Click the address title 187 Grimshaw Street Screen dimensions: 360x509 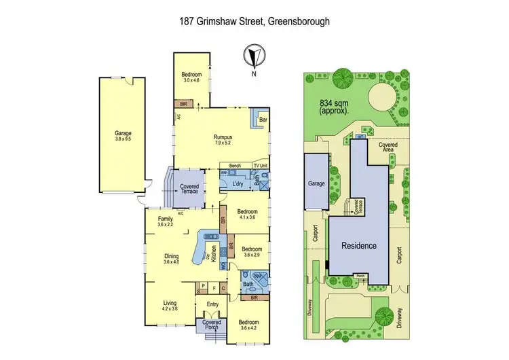click(x=254, y=21)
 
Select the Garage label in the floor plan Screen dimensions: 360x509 click(x=123, y=133)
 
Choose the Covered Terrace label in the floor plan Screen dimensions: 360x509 click(x=189, y=189)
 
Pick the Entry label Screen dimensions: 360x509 click(x=212, y=304)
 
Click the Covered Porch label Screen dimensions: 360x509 click(x=212, y=325)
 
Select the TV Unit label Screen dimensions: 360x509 click(x=261, y=166)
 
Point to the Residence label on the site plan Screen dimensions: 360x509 click(x=358, y=245)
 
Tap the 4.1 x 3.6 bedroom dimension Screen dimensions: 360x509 click(x=248, y=215)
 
